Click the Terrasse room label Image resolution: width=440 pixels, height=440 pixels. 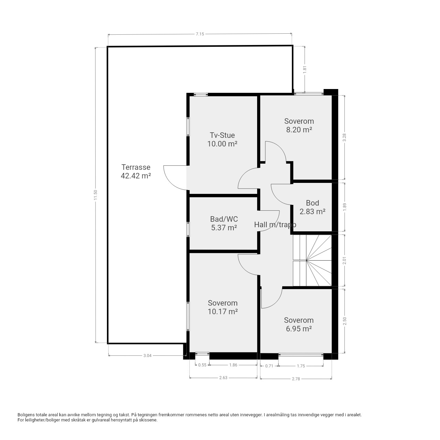point(136,167)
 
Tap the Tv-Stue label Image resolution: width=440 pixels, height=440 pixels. point(222,135)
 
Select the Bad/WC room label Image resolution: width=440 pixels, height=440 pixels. point(224,219)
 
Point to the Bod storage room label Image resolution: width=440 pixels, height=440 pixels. point(312,203)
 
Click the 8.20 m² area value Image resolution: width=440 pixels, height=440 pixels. point(299,130)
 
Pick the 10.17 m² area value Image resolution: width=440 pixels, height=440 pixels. point(223,311)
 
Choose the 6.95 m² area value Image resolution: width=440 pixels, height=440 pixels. point(299,329)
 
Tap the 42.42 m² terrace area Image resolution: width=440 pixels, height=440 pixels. point(136,176)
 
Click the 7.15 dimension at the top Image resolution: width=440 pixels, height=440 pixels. point(200,34)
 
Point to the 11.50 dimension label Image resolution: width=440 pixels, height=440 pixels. point(96,195)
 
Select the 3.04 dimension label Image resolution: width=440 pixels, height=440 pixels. point(147,355)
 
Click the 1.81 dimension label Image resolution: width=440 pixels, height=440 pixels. point(304,69)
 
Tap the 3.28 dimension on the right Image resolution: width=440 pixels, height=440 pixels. point(344,137)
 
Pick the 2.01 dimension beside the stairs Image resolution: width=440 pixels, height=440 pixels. point(344,261)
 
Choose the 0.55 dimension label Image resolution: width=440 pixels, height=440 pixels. point(202,365)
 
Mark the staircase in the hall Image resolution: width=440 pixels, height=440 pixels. point(312,260)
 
